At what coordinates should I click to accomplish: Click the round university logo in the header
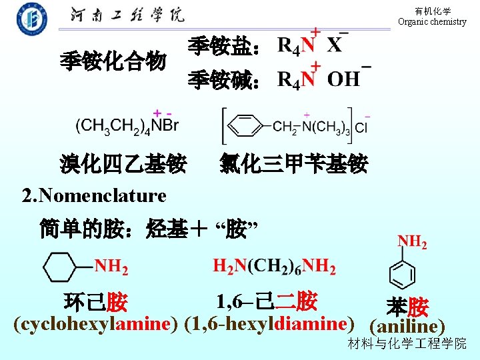coord(32,18)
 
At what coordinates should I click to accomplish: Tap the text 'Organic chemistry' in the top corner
coord(432,21)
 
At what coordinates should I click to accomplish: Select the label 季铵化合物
coord(113,62)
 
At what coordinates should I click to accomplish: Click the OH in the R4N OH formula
coord(344,80)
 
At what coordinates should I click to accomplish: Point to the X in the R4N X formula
coord(335,45)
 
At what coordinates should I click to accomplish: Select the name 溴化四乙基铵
coord(123,163)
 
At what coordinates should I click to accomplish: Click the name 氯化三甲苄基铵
coord(293,163)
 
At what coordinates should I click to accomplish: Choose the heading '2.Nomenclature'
coord(94,196)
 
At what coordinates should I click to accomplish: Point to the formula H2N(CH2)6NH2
coord(274,267)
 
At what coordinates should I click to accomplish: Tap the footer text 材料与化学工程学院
coord(407,344)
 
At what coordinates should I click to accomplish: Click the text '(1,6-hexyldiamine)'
coord(269,325)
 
